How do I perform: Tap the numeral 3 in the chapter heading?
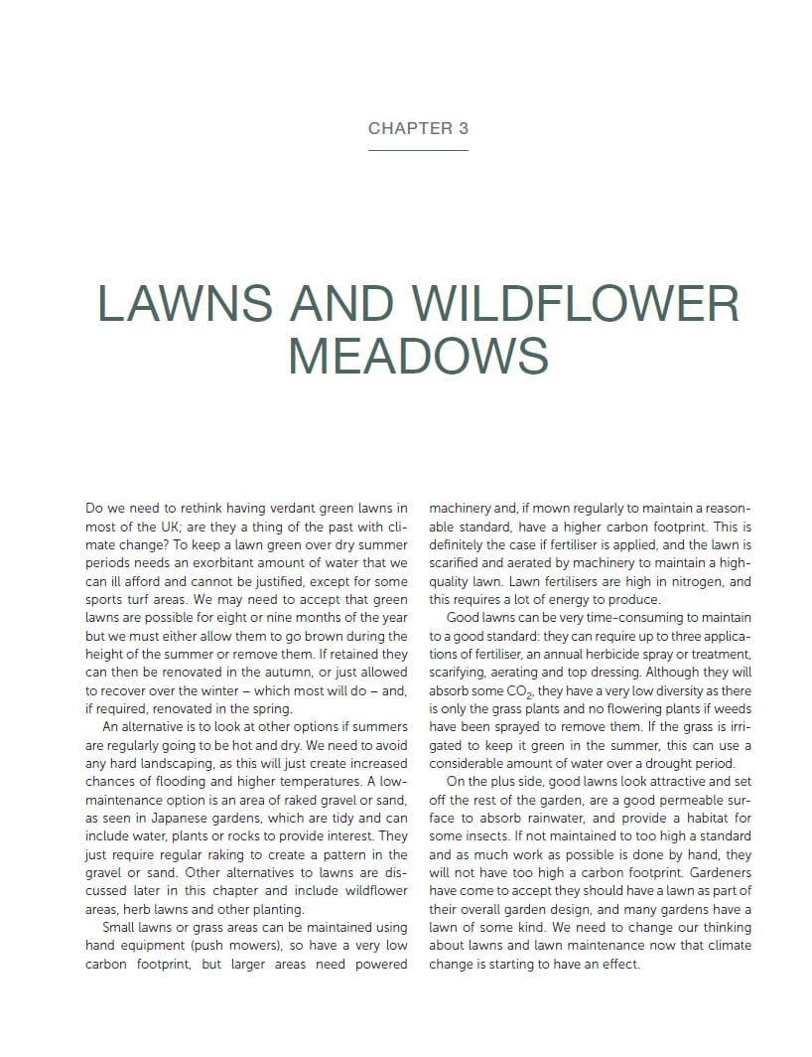coord(463,128)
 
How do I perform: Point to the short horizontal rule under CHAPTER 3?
coord(418,150)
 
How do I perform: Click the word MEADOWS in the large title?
coord(418,356)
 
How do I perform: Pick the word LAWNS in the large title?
coord(184,304)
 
